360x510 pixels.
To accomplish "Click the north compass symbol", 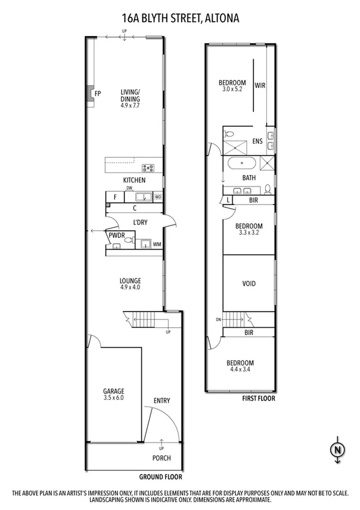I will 338,449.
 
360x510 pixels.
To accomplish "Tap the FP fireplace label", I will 97,93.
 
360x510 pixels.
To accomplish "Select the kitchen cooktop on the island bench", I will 148,168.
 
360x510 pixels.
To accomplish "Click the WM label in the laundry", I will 157,244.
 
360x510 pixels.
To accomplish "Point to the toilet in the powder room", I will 127,239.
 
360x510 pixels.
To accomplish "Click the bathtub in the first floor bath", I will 244,164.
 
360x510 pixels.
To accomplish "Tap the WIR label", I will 260,85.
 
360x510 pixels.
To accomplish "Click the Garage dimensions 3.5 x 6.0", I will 113,398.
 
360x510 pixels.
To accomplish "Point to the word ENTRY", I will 162,401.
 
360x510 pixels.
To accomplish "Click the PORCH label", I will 161,458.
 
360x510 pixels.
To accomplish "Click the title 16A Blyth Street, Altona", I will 180,19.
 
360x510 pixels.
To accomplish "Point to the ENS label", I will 257,142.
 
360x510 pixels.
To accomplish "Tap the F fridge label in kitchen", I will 114,197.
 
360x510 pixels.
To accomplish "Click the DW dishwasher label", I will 129,188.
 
